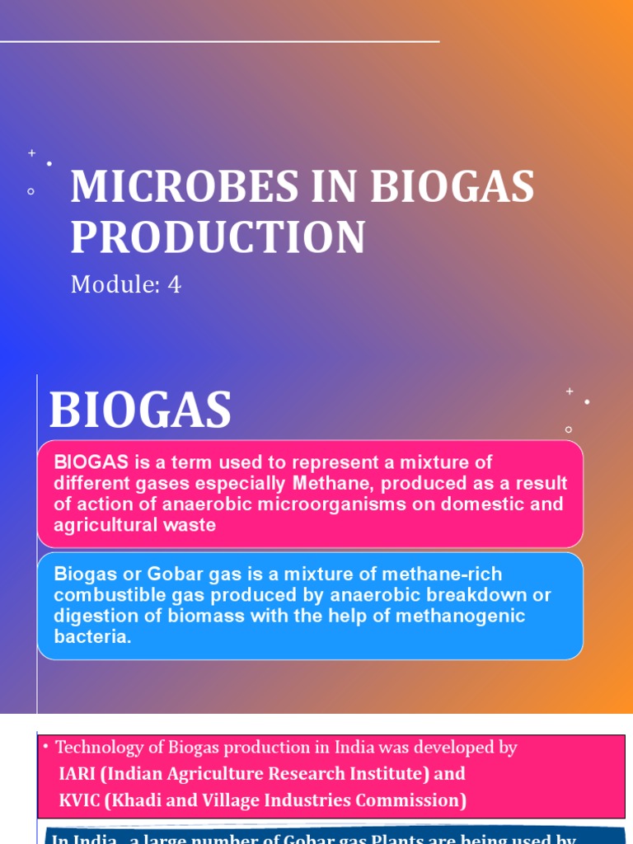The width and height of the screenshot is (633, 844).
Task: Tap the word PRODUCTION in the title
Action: pyautogui.click(x=218, y=237)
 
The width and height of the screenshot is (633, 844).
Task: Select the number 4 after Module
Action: pyautogui.click(x=174, y=284)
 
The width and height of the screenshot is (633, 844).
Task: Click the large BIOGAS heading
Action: pyautogui.click(x=140, y=410)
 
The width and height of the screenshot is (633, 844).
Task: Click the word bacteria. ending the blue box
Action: pyautogui.click(x=92, y=637)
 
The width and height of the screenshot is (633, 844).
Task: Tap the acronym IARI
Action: pyautogui.click(x=78, y=774)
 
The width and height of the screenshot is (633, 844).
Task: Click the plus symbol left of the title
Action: pyautogui.click(x=32, y=152)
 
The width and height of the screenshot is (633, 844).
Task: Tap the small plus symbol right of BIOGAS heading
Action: pyautogui.click(x=569, y=392)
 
